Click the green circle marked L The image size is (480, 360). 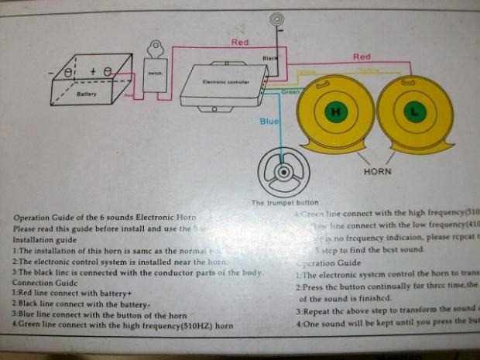coord(414,111)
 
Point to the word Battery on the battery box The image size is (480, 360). coord(87,94)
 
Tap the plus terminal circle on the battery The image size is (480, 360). coord(108,71)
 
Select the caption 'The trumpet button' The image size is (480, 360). coord(279,203)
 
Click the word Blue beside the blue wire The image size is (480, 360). coord(269,121)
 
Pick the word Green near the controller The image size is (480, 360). coord(290,91)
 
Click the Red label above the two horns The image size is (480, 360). coord(362,57)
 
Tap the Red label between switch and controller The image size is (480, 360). coord(240,42)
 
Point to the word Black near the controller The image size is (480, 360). coord(269,58)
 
